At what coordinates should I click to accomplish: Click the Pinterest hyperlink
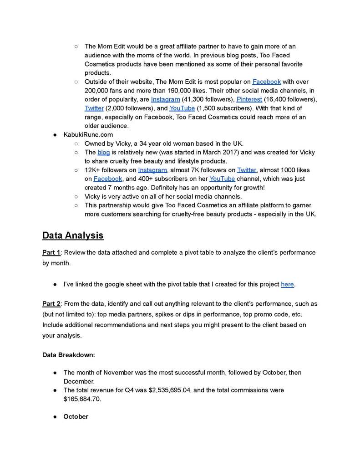pos(249,99)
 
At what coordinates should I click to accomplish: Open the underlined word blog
pos(103,153)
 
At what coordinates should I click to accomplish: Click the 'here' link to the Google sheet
pos(287,284)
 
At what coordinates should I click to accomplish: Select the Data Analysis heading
pos(73,236)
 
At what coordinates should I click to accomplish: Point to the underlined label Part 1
pos(51,252)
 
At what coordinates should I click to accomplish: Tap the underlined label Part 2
pos(51,303)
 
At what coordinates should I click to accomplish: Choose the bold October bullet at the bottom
pos(76,417)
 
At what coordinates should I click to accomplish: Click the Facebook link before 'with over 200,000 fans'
pos(267,82)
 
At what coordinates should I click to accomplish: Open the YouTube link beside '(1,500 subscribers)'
pos(182,108)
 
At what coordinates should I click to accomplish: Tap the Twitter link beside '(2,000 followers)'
pos(94,108)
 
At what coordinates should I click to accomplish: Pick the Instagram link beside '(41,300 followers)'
pos(165,99)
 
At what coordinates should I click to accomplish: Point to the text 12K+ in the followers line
pos(94,170)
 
